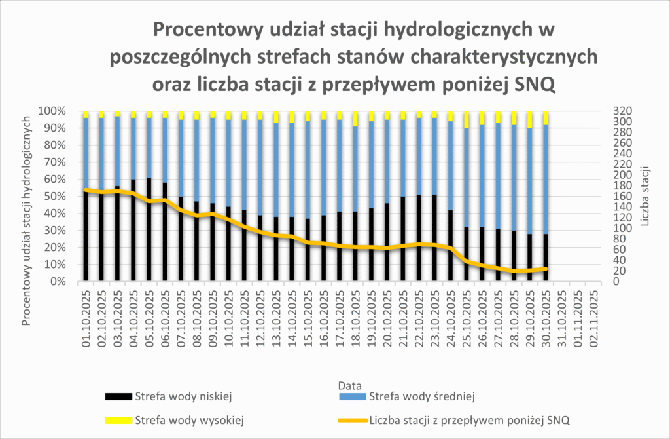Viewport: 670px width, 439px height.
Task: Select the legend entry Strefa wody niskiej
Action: [183, 396]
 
